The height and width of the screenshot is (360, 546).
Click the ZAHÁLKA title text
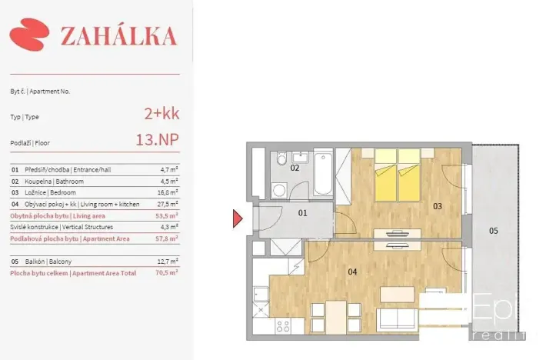click(118, 35)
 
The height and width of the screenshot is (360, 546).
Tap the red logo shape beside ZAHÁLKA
click(29, 35)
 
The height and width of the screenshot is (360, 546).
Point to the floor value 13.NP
click(156, 141)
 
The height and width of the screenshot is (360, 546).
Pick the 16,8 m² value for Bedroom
click(167, 192)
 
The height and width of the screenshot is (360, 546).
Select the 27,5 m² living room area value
click(167, 204)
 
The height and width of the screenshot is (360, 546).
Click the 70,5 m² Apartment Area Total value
click(167, 272)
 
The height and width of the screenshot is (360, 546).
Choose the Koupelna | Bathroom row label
click(54, 181)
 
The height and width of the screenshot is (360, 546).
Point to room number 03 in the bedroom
click(437, 206)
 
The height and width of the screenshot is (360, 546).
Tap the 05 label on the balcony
click(493, 230)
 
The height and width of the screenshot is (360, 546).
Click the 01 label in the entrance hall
click(302, 213)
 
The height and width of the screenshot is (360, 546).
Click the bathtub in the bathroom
click(322, 173)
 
